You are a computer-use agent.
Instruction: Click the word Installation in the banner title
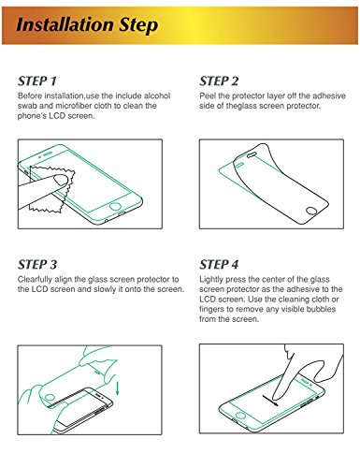[65, 24]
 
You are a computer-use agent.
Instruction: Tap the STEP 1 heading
[37, 81]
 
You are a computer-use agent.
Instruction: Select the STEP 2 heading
[219, 81]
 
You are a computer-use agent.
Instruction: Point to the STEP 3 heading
[37, 265]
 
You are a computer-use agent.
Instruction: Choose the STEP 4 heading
[219, 265]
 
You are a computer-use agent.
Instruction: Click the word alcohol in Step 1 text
[157, 95]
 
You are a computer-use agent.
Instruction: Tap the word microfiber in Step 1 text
[73, 106]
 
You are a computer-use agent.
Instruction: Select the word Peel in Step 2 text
[208, 95]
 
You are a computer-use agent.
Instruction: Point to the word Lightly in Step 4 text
[211, 279]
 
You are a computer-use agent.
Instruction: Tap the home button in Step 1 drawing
[115, 206]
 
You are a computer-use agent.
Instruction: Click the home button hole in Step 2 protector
[312, 212]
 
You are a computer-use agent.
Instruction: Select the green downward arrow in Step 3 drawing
[118, 388]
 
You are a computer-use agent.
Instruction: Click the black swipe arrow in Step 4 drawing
[270, 401]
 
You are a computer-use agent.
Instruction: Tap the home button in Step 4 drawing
[240, 416]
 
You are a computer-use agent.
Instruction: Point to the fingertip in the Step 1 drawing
[62, 180]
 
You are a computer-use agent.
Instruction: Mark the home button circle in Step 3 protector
[50, 398]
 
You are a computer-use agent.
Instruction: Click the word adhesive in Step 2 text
[329, 95]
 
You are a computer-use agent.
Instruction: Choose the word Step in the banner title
[138, 25]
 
